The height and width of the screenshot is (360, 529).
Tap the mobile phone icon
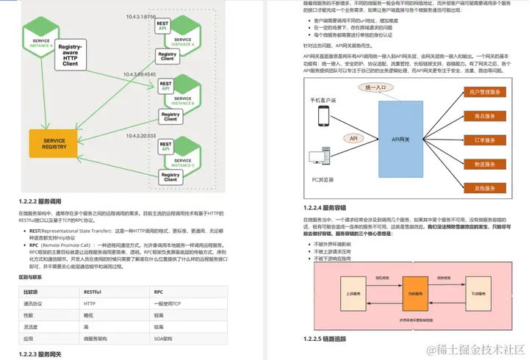[x=323, y=116]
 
